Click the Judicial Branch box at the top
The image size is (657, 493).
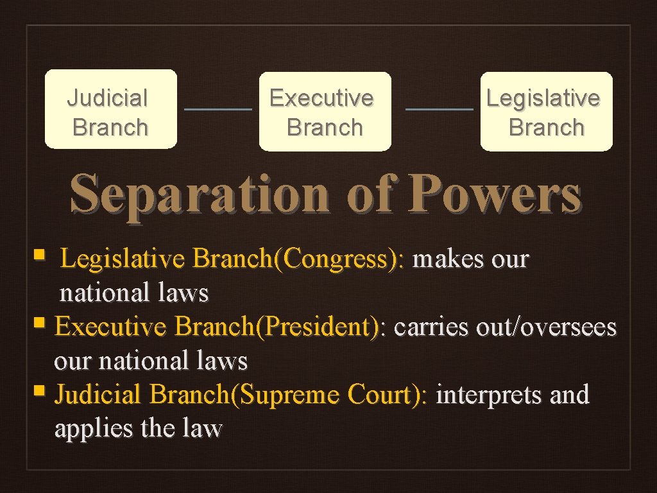pos(110,110)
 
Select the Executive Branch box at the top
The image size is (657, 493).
pos(325,112)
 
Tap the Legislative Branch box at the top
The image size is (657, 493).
pos(546,112)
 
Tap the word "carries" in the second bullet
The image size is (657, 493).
pos(432,327)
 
